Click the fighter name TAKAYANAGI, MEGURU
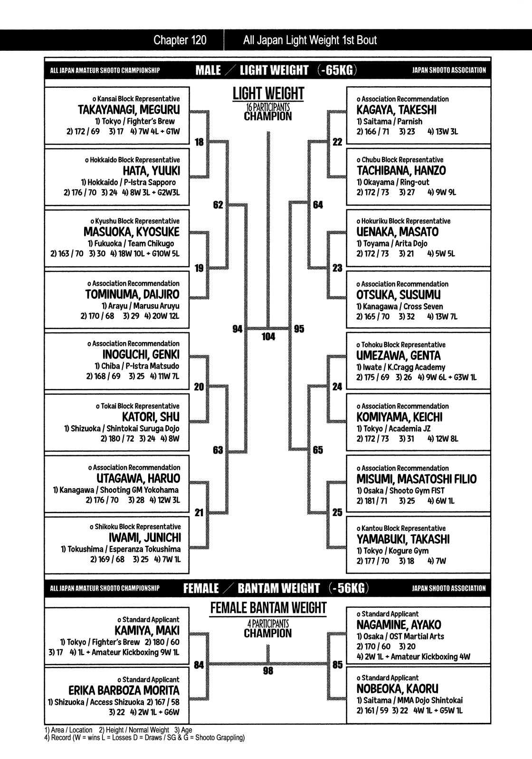point(129,110)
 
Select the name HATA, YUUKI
point(152,171)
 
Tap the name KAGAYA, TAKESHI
point(396,110)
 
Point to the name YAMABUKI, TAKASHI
point(403,539)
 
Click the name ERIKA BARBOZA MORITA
point(124,691)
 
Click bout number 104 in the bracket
point(268,337)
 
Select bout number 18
point(199,142)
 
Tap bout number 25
point(337,512)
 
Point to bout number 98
point(268,671)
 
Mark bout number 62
point(218,205)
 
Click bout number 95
point(299,329)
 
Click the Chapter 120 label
point(180,40)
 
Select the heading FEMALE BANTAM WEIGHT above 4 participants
point(268,608)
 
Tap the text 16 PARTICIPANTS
point(268,107)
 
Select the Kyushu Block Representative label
point(135,221)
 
